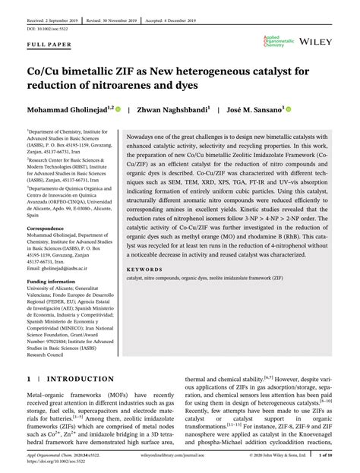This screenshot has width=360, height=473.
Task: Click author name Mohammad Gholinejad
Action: point(68,109)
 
